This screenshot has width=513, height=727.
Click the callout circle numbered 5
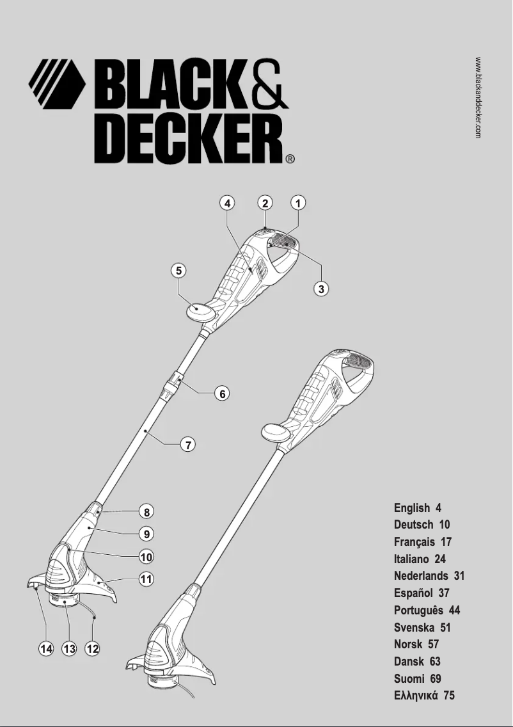point(180,271)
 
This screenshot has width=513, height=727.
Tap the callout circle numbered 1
point(297,204)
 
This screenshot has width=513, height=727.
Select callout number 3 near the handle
point(322,289)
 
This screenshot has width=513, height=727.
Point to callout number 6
point(222,394)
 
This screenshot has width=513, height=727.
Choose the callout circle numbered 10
point(146,556)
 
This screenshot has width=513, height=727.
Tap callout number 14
point(45,649)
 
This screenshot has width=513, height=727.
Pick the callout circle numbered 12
point(93,649)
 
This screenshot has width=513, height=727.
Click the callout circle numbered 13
point(69,649)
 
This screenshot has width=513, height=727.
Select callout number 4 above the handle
point(226,204)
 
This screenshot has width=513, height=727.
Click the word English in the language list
point(411,508)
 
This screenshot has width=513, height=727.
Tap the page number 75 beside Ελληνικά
point(448,696)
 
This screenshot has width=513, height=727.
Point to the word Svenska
point(414,628)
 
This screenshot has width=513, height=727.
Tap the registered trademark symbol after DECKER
point(290,159)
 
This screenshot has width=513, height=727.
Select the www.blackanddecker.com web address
point(478,97)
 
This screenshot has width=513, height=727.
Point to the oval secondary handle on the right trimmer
point(276,432)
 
